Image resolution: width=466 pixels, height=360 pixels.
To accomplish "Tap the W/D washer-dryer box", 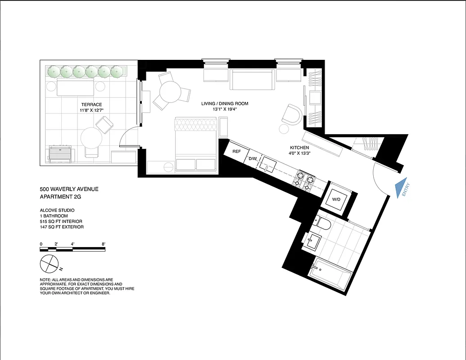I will click(x=336, y=199).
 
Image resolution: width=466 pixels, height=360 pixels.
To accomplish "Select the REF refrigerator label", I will click(x=236, y=152).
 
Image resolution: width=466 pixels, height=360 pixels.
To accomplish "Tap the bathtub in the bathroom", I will click(x=330, y=273).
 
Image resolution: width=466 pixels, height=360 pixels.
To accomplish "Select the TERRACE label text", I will click(x=91, y=104).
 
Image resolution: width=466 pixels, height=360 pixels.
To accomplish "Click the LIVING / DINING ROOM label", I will click(x=225, y=104).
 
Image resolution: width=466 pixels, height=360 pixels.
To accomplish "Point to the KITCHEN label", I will click(x=299, y=148).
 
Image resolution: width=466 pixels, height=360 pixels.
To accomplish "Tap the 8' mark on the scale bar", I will click(x=104, y=244).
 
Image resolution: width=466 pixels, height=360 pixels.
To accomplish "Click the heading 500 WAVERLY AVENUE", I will click(x=69, y=189).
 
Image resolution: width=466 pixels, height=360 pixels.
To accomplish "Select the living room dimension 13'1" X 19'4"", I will click(x=225, y=109).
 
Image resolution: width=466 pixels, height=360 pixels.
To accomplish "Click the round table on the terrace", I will click(x=91, y=138).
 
